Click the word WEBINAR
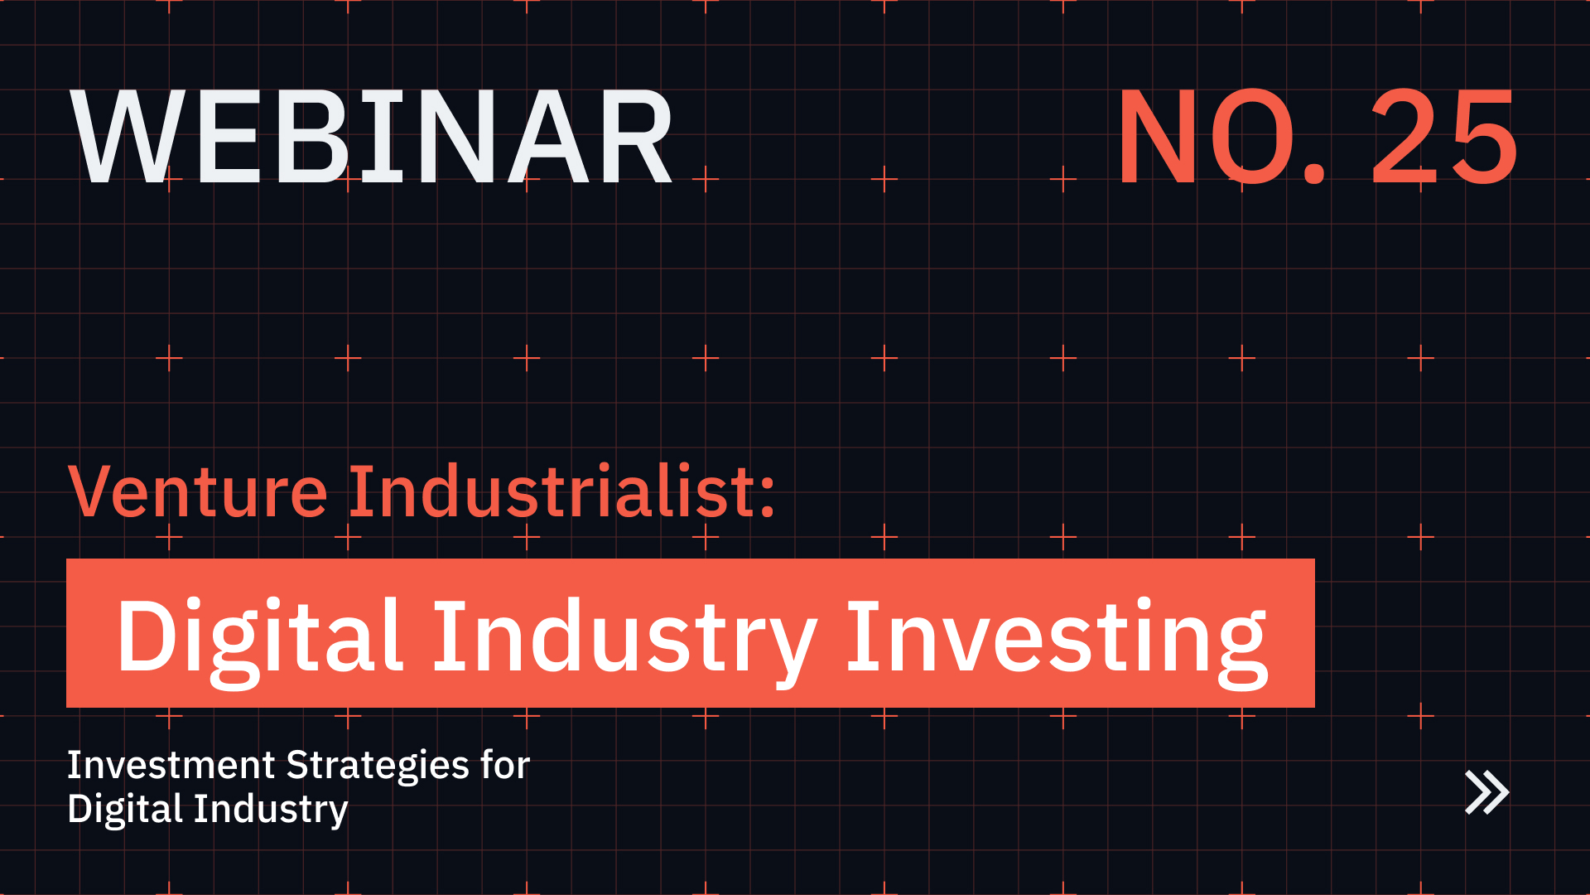click(x=373, y=137)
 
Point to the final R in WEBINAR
click(x=634, y=137)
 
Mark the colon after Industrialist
click(x=767, y=496)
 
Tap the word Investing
click(x=1056, y=636)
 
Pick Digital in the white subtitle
click(x=124, y=810)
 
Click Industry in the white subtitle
click(x=271, y=810)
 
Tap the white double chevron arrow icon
click(x=1486, y=793)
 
